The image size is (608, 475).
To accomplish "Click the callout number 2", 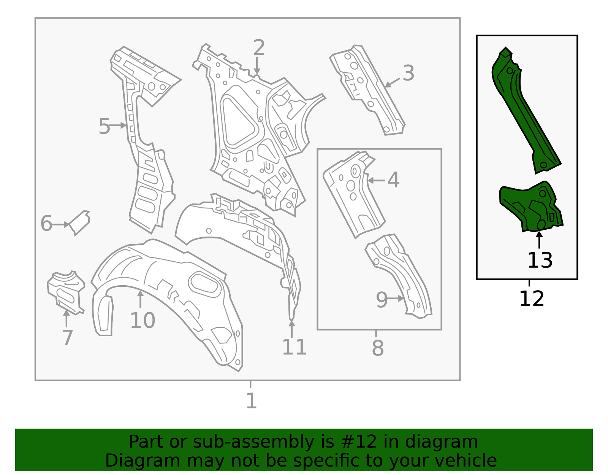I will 259,48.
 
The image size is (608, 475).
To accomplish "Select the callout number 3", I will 408,73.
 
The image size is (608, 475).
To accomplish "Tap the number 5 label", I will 104,126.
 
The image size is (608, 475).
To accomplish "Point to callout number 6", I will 46,224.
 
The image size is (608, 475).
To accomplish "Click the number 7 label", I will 67,338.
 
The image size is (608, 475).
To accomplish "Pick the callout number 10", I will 142,321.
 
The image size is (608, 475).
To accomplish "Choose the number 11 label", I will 294,347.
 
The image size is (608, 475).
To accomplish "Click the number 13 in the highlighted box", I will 540,261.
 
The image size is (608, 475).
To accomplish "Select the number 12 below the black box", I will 531,299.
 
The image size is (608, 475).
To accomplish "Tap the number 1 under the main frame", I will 251,401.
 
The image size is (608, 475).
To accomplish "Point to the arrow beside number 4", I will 376,180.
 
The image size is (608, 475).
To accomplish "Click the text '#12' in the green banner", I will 356,442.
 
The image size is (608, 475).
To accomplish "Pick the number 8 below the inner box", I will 378,348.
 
